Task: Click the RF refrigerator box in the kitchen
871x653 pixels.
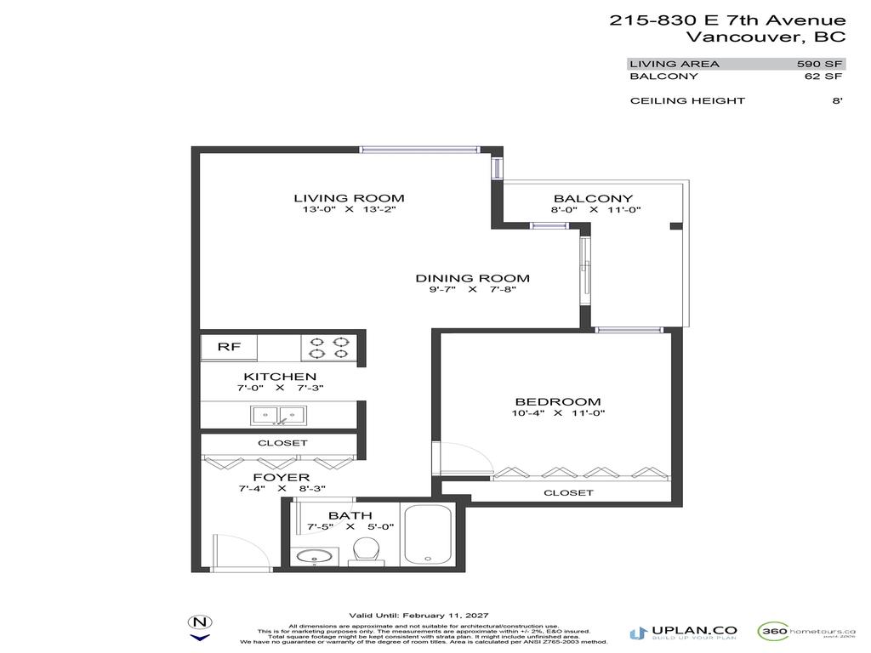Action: tap(228, 347)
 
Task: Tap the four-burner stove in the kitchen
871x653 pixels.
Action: tap(328, 347)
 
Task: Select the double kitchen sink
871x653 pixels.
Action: tap(278, 415)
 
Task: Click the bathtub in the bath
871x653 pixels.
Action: tap(428, 534)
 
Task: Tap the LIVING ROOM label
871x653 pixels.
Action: tap(337, 198)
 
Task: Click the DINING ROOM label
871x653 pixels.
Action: tap(472, 278)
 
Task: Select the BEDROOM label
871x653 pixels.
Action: tap(558, 401)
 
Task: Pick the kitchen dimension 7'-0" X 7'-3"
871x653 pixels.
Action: tap(280, 388)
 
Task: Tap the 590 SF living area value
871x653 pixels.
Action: tap(819, 64)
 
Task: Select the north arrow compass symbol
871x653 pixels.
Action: tap(200, 627)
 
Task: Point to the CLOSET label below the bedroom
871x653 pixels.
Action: tap(568, 493)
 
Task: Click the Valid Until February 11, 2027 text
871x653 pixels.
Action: tap(419, 616)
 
